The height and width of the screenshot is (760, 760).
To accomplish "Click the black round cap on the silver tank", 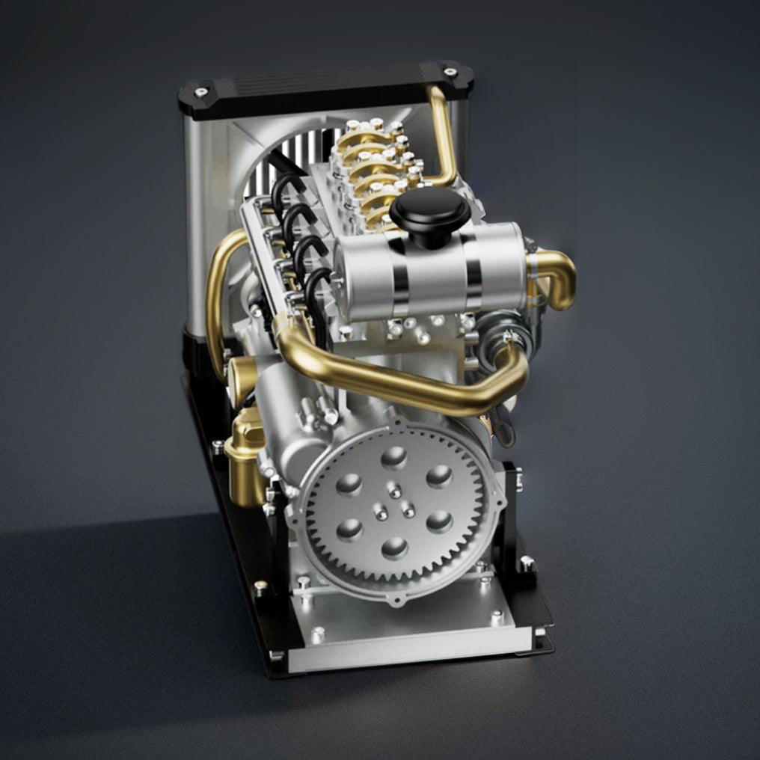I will [x=430, y=210].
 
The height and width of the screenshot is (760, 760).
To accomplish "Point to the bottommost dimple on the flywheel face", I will [x=394, y=548].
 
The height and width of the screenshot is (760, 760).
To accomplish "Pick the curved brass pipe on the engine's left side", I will [x=218, y=299].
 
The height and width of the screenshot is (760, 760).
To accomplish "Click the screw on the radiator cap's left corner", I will [x=200, y=93].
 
